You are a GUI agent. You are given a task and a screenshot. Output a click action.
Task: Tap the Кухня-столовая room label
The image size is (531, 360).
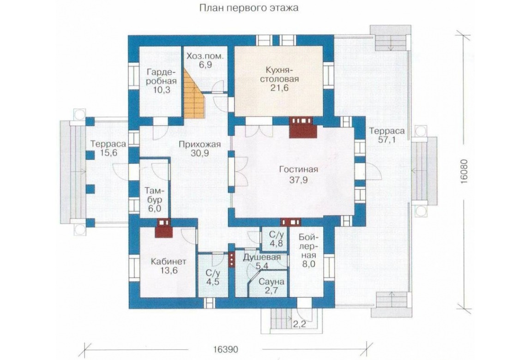(282, 75)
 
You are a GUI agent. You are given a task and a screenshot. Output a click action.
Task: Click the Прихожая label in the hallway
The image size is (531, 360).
(200, 144)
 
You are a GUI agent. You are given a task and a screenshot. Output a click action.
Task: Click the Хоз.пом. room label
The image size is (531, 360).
(205, 56)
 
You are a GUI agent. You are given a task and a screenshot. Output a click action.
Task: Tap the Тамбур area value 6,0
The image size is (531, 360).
(154, 208)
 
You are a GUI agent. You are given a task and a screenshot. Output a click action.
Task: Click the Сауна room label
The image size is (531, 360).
(271, 282)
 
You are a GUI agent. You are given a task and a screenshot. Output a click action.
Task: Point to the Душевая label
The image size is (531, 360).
(262, 257)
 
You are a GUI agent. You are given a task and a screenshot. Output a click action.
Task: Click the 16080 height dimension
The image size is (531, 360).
(465, 172)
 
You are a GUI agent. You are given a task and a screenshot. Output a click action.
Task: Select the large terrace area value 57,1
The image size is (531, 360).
(387, 139)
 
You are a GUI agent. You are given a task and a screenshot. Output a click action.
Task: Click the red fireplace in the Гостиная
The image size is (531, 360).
(303, 127)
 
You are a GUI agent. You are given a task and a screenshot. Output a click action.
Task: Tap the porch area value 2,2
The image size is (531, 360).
(299, 324)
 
